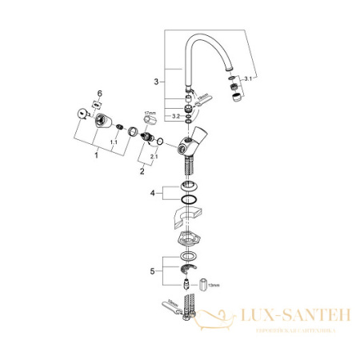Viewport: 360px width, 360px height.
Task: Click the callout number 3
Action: click(x=157, y=81)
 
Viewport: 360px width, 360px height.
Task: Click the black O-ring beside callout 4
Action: click(x=188, y=198)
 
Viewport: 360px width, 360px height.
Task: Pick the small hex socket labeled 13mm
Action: click(x=206, y=285)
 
